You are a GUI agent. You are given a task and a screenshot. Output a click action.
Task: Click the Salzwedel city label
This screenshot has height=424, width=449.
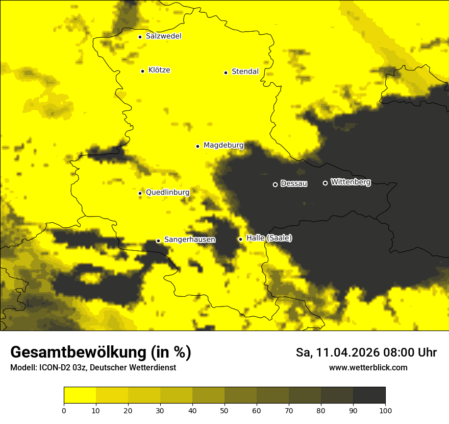pos(163,36)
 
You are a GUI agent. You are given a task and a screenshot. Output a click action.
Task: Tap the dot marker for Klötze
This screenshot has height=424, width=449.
pos(142,71)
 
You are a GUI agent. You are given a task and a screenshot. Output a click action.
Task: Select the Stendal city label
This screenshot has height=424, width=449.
pos(245,72)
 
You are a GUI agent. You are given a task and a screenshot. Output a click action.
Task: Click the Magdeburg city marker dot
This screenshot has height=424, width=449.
pos(197,146)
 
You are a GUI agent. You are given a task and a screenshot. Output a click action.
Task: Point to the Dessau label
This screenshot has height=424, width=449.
pos(294,184)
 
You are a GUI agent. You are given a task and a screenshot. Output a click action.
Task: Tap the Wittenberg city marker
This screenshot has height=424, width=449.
pos(325,183)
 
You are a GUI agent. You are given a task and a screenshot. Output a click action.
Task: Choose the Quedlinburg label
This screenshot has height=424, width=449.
pos(167,193)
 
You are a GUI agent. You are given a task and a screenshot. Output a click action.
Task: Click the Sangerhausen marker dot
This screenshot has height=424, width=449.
pos(158,241)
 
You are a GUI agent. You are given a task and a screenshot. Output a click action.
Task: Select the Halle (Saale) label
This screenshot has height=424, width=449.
pos(269,238)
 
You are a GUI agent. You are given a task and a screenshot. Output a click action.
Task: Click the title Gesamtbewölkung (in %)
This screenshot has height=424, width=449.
pos(101,352)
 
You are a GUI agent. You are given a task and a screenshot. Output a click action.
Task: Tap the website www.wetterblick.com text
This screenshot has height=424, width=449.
pos(368,367)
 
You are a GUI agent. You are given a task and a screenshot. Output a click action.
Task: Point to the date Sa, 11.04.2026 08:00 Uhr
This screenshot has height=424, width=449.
pos(366,352)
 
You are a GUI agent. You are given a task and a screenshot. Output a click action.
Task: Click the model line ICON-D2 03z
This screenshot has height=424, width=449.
pos(93,367)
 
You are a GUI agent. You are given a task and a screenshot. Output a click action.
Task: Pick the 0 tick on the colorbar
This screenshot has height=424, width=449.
pos(64,410)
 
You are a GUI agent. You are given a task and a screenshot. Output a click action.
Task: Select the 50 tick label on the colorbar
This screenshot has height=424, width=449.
pos(224,410)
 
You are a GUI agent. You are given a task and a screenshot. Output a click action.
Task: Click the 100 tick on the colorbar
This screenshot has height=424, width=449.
pos(385,410)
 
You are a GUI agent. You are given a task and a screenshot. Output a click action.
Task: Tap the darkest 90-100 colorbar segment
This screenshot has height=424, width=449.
pos(369,395)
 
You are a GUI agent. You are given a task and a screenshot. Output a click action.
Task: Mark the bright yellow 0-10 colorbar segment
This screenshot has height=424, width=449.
pos(80,395)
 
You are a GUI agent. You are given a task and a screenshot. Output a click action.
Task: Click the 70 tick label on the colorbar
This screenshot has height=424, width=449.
pos(289,410)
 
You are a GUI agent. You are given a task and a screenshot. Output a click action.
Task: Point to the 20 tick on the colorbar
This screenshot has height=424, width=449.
pos(128,410)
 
